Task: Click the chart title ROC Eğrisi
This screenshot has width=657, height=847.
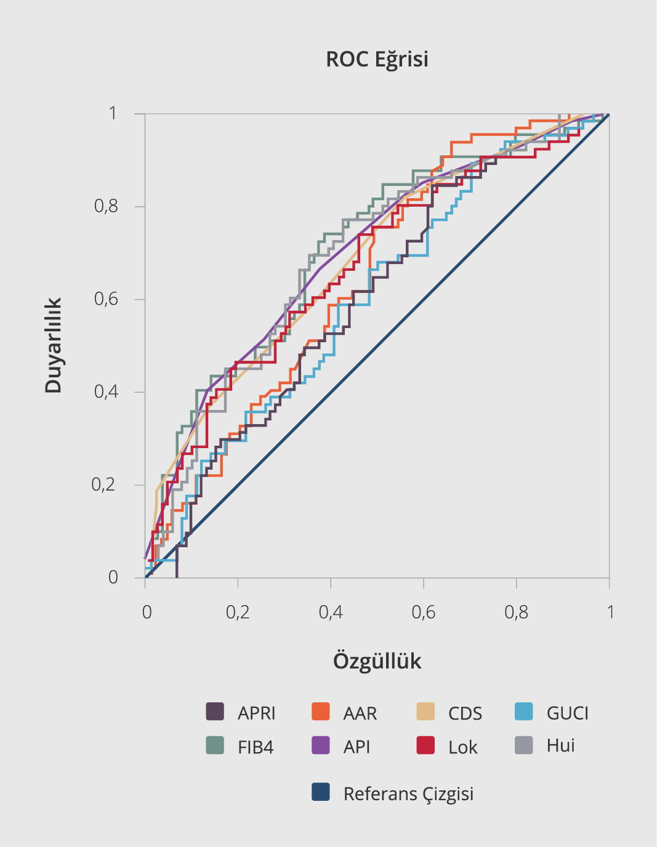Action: (x=377, y=60)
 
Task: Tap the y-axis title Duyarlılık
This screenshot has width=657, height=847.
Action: (x=54, y=345)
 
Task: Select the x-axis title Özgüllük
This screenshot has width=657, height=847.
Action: (x=377, y=661)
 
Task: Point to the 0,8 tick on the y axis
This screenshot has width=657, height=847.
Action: (x=106, y=206)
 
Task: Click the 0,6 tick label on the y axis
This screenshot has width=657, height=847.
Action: (x=106, y=299)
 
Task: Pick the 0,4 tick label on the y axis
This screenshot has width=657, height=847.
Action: (x=106, y=391)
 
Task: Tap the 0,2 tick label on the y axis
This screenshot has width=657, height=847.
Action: (x=103, y=484)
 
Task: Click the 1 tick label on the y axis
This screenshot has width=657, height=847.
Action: (x=113, y=113)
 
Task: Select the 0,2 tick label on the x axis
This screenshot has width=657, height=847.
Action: (x=238, y=612)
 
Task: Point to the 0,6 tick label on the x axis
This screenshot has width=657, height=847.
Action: (x=423, y=612)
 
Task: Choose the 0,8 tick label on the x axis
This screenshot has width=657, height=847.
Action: (x=516, y=612)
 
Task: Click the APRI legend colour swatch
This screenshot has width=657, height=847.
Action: (x=215, y=712)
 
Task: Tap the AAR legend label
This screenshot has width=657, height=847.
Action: (x=360, y=713)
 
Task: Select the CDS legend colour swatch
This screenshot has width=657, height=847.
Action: (x=425, y=712)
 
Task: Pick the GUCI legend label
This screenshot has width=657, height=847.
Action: (x=567, y=713)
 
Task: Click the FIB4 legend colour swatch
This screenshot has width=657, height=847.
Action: (x=215, y=745)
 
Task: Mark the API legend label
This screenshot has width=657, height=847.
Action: (x=357, y=747)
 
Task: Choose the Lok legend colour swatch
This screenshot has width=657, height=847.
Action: (x=425, y=745)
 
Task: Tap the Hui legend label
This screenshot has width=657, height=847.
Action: (x=560, y=745)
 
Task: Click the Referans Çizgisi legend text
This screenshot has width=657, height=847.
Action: (x=408, y=793)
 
